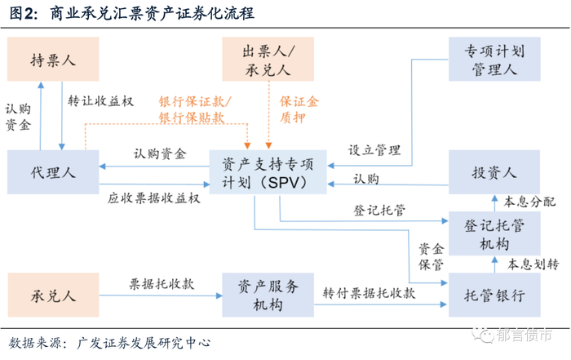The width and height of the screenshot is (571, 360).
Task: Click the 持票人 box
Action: (53, 60)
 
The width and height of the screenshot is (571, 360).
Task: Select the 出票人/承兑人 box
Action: (269, 60)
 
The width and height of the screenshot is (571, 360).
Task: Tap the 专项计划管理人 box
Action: (494, 60)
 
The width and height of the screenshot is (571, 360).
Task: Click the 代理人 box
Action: (53, 172)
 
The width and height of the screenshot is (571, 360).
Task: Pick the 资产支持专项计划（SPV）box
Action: (268, 172)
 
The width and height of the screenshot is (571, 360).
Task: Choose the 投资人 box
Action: (494, 172)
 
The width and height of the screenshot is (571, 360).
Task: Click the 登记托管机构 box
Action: (494, 233)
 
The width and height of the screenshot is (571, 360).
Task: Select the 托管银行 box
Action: (494, 295)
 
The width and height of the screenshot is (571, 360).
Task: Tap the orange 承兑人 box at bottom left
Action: (53, 295)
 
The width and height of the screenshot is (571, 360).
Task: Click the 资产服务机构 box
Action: (268, 295)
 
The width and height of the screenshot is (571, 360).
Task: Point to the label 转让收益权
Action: (100, 100)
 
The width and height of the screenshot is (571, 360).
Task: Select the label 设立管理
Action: (374, 150)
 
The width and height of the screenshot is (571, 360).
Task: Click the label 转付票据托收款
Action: (368, 292)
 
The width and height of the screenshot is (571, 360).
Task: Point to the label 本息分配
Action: (529, 202)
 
